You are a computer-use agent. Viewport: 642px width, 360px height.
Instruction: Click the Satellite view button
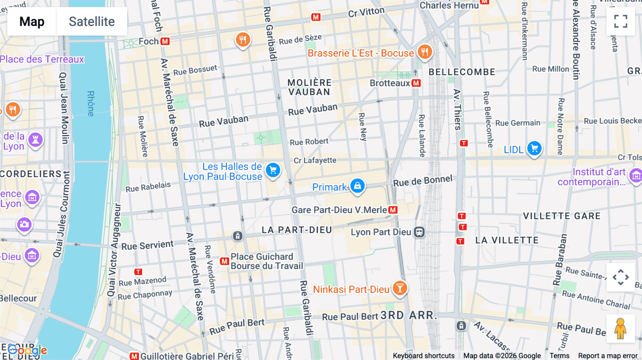(x=92, y=21)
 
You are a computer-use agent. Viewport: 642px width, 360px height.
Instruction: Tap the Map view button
(x=32, y=21)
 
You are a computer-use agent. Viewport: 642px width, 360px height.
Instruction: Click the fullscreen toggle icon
(x=621, y=21)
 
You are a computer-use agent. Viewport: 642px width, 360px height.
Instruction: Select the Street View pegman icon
(x=620, y=328)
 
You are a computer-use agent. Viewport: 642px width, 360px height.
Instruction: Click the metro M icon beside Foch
(x=165, y=41)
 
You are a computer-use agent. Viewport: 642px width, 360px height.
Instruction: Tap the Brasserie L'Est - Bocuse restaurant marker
(x=424, y=52)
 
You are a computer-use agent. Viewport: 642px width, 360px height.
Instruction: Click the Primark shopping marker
(x=357, y=186)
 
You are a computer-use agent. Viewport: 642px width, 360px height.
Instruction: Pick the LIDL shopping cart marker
(x=534, y=148)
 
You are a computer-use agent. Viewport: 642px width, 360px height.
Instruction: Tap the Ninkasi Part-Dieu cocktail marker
(x=400, y=288)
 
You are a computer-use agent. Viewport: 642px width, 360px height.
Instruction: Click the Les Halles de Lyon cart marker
(x=273, y=170)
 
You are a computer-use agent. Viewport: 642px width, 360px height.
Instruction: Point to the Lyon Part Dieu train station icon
(x=419, y=232)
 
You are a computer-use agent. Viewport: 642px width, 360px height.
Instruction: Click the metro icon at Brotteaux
(x=416, y=83)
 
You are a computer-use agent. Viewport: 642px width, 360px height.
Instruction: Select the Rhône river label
(x=91, y=103)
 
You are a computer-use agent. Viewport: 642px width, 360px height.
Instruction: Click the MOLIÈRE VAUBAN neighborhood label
(x=309, y=87)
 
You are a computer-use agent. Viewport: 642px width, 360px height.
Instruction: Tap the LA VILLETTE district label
(x=507, y=240)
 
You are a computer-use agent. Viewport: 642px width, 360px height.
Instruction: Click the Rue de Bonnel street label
(x=423, y=181)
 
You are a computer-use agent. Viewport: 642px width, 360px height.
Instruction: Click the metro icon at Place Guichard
(x=224, y=261)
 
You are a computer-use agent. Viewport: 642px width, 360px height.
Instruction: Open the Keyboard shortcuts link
(x=423, y=355)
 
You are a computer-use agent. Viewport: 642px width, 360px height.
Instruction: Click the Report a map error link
(x=608, y=355)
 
